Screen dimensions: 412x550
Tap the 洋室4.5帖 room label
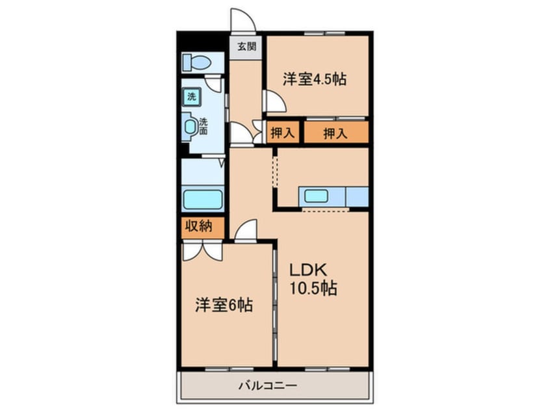coord(314,79)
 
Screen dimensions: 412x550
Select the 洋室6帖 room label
coord(224,304)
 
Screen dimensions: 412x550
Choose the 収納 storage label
coord(201,227)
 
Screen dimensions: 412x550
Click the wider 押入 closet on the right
coord(336,133)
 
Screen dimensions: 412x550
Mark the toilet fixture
coord(196,63)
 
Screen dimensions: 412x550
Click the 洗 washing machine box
coord(192,97)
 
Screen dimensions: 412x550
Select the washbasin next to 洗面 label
coord(190,126)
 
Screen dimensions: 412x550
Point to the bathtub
coord(203,200)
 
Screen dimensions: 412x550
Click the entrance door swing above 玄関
coord(242,19)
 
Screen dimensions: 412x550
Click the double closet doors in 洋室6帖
coord(202,250)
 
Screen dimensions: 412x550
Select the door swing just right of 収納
coord(246,231)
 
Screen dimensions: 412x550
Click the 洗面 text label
coord(203,125)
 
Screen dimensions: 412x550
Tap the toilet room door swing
coord(214,84)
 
